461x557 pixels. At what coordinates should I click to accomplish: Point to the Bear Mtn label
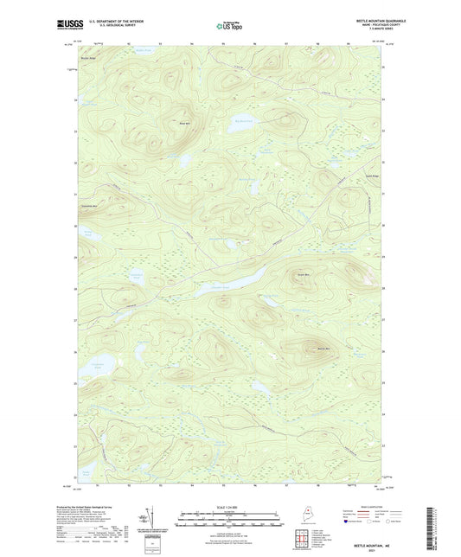183,123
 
